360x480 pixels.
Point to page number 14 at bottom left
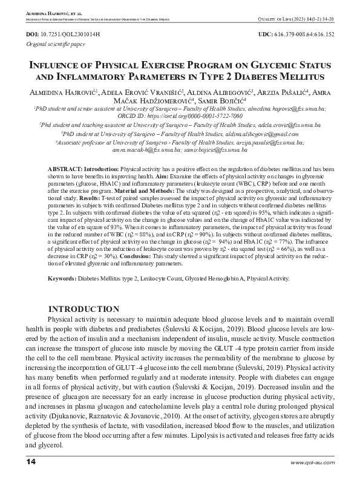point(32,463)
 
